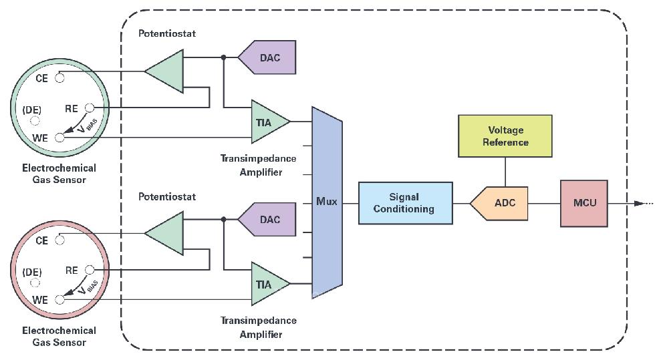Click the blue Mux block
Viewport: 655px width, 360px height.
327,202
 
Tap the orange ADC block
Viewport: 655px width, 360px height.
501,203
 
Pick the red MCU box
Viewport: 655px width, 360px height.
583,203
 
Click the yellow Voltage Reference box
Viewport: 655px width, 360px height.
505,136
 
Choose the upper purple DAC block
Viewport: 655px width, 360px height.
267,57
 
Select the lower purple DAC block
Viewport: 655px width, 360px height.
267,220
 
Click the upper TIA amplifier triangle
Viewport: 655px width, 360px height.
268,122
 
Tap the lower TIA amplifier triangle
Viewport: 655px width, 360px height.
268,284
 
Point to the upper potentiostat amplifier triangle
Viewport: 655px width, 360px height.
166,71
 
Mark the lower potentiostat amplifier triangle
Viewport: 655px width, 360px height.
166,233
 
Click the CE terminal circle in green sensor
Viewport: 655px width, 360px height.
59,77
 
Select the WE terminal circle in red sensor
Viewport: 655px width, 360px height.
60,300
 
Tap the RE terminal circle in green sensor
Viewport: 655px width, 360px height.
90,108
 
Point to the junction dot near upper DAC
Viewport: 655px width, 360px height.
223,57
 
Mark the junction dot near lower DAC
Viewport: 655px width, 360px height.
223,219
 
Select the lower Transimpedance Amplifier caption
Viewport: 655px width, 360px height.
259,327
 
